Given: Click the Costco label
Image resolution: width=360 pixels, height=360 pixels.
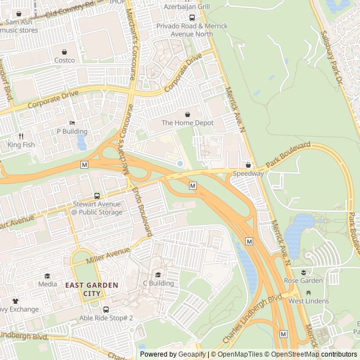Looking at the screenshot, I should [64, 60].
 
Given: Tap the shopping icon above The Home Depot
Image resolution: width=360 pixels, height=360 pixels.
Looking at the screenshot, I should [187, 114].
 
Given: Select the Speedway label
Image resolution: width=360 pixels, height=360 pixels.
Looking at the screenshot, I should [249, 174].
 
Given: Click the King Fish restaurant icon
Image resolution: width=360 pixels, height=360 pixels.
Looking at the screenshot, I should [21, 136].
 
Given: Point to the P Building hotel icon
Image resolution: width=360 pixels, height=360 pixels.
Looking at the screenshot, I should [71, 123].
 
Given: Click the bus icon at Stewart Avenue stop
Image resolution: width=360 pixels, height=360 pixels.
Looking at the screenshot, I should [97, 196].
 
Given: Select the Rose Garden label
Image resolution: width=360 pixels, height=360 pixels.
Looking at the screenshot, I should [303, 281].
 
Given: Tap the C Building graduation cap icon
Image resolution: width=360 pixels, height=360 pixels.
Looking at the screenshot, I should [158, 275].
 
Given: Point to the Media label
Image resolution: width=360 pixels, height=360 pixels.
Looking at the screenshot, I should [47, 284].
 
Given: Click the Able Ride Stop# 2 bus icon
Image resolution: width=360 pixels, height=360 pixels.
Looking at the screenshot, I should [106, 309].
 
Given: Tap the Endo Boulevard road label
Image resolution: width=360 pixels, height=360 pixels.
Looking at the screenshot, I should [143, 211].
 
